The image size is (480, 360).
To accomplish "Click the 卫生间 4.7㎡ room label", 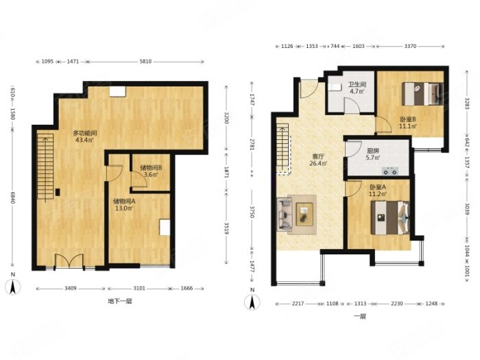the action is pyautogui.click(x=357, y=88).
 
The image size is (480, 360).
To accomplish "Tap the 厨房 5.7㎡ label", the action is pyautogui.click(x=373, y=154).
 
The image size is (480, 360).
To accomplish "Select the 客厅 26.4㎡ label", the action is pyautogui.click(x=318, y=160).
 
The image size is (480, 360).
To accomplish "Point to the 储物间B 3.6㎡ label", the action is pyautogui.click(x=151, y=171).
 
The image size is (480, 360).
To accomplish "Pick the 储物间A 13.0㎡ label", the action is pyautogui.click(x=124, y=205).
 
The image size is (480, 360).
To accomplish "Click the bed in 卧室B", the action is pyautogui.click(x=422, y=93).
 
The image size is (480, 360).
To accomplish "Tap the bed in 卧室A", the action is pyautogui.click(x=389, y=217).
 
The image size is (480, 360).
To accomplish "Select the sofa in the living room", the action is pyautogui.click(x=285, y=214).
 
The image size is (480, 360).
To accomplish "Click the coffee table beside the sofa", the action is pyautogui.click(x=304, y=214).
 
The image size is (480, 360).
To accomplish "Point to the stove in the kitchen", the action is pyautogui.click(x=390, y=171).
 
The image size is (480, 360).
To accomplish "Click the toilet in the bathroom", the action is pyautogui.click(x=335, y=87).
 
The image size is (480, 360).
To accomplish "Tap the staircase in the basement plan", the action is pyautogui.click(x=45, y=168).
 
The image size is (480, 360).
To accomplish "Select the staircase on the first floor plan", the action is pyautogui.click(x=283, y=149).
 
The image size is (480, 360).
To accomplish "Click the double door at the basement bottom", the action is pyautogui.click(x=69, y=262).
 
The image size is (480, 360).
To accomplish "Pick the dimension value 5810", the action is pyautogui.click(x=145, y=62).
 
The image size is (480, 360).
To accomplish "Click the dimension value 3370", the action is pyautogui.click(x=410, y=46).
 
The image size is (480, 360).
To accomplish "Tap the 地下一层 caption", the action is pyautogui.click(x=120, y=301).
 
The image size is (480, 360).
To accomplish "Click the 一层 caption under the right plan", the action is pyautogui.click(x=360, y=317).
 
